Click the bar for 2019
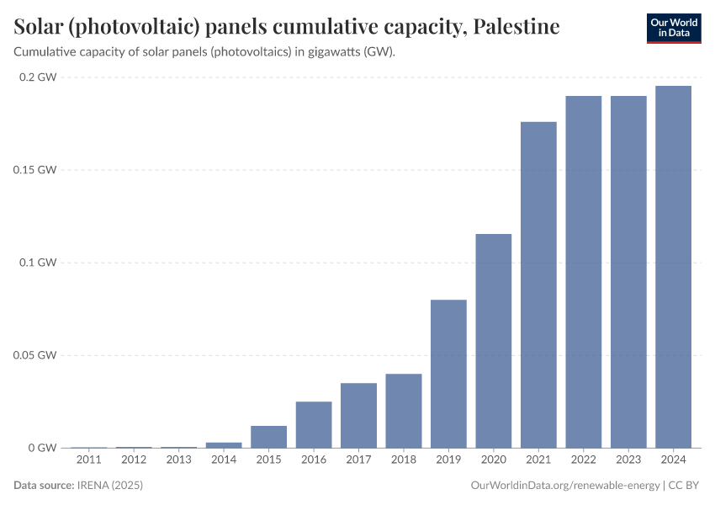coord(448,374)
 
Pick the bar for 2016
coord(314,424)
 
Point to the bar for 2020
coord(494,341)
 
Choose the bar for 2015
coord(268,437)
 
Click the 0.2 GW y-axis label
coord(37,77)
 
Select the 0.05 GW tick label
coord(34,355)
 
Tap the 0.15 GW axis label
coord(34,170)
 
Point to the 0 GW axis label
coord(40,448)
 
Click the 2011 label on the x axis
coord(88,460)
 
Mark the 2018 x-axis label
coord(404,460)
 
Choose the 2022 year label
coord(584,460)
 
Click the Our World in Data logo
coord(674,28)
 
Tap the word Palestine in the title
coord(516,27)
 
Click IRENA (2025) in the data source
coord(109,486)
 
